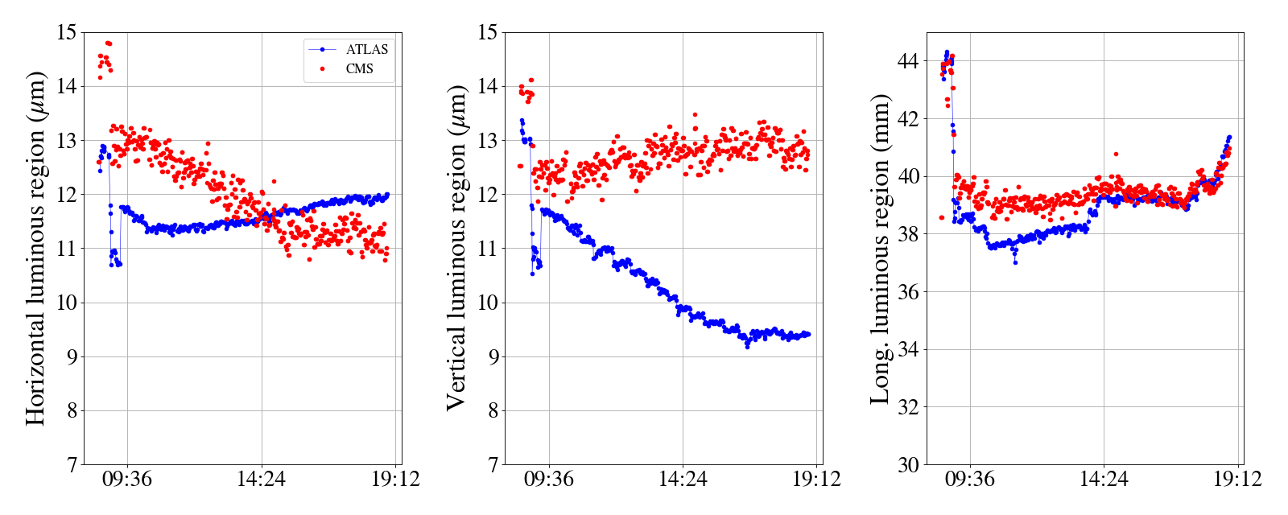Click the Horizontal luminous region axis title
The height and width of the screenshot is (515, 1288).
pyautogui.click(x=35, y=248)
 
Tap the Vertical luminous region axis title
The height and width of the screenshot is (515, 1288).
pyautogui.click(x=456, y=248)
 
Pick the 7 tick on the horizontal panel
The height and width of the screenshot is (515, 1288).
pyautogui.click(x=71, y=464)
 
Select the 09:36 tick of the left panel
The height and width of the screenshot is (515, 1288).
pyautogui.click(x=127, y=480)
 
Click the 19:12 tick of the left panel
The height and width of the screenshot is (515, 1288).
pyautogui.click(x=395, y=480)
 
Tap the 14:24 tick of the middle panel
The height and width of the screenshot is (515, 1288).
pyautogui.click(x=683, y=480)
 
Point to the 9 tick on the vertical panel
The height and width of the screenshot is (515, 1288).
pyautogui.click(x=491, y=356)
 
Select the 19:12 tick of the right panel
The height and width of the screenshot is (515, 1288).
pyautogui.click(x=1237, y=480)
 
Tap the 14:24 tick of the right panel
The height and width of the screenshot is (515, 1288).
pyautogui.click(x=1104, y=480)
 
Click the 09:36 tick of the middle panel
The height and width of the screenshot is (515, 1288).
pyautogui.click(x=549, y=480)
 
